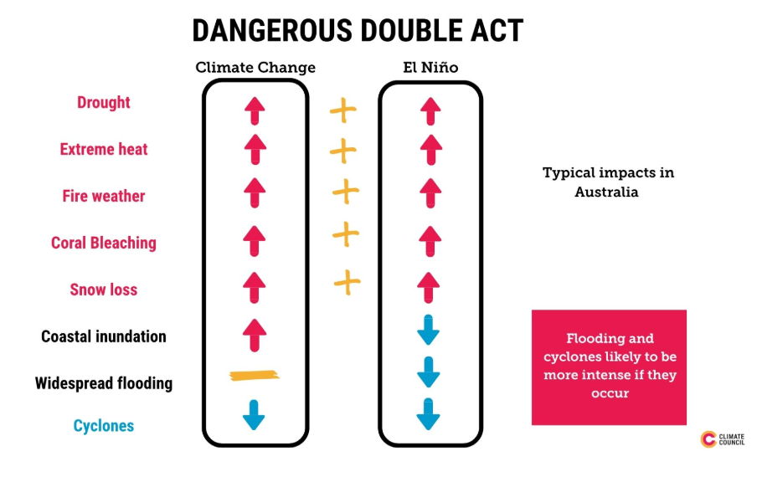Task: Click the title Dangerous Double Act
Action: pyautogui.click(x=358, y=31)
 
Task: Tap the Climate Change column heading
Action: pyautogui.click(x=255, y=68)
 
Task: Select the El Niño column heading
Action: pyautogui.click(x=430, y=67)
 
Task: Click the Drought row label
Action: pyautogui.click(x=103, y=102)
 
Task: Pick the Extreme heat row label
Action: pyautogui.click(x=103, y=149)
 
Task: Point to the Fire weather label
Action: pyautogui.click(x=103, y=196)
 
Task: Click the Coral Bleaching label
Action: pyautogui.click(x=103, y=243)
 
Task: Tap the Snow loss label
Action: pyautogui.click(x=103, y=290)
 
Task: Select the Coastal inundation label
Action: pyautogui.click(x=103, y=336)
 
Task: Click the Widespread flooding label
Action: pyautogui.click(x=103, y=383)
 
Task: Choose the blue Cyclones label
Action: pyautogui.click(x=103, y=425)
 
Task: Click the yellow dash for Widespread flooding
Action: pyautogui.click(x=255, y=375)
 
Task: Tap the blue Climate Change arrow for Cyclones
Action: pyautogui.click(x=254, y=415)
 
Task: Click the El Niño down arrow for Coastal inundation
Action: pyautogui.click(x=428, y=330)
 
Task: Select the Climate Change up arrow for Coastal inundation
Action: pyautogui.click(x=255, y=335)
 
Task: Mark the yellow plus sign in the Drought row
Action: pyautogui.click(x=343, y=110)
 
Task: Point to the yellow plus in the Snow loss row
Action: pyautogui.click(x=348, y=282)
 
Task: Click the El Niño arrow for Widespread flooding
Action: pyautogui.click(x=428, y=372)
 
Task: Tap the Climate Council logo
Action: pyautogui.click(x=722, y=439)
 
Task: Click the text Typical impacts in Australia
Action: pyautogui.click(x=608, y=182)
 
